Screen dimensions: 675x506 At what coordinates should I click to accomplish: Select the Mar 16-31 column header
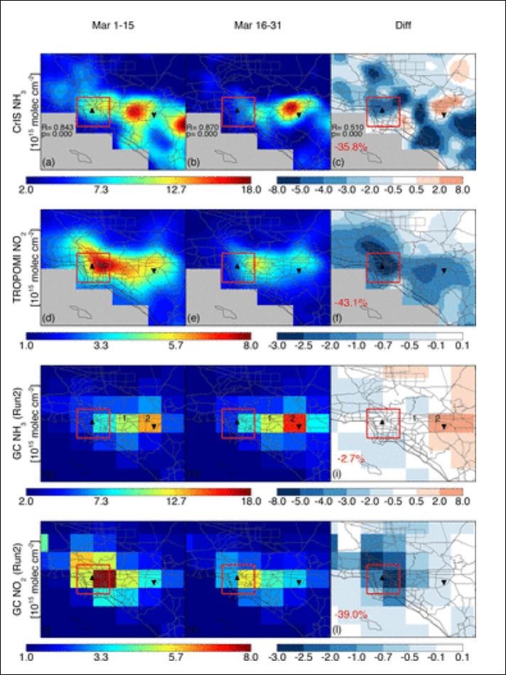click(258, 25)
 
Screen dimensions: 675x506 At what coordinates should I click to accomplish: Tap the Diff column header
click(403, 25)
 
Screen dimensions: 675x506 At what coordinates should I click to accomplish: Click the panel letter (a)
click(49, 163)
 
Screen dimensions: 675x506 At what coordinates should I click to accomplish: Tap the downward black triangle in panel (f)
click(443, 270)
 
